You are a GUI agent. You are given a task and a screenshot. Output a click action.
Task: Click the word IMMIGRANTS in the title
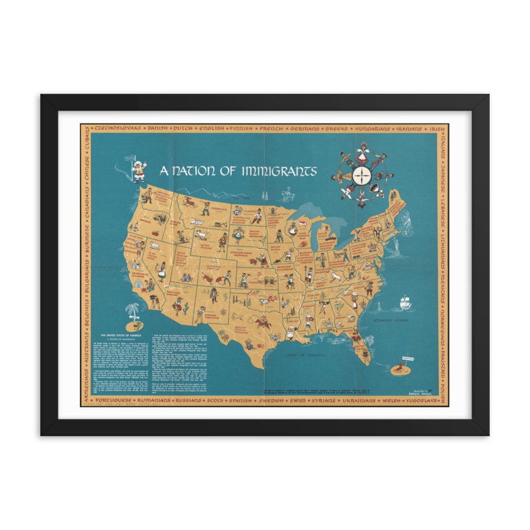coord(279,171)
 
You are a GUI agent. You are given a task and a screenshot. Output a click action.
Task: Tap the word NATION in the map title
coord(191,171)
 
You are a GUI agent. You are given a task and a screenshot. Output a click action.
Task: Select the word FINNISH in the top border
coord(239,129)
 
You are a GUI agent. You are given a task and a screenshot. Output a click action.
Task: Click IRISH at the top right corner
coord(437,129)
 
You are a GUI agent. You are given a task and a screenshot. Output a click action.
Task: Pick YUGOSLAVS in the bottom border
coord(423,401)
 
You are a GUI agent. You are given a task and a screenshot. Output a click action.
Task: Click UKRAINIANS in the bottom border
coord(352,401)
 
